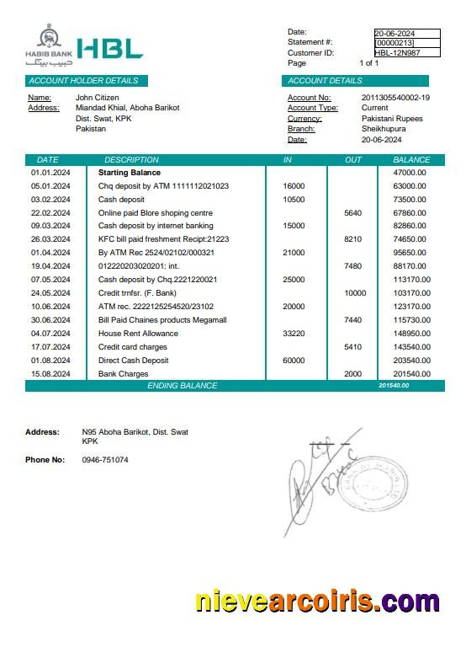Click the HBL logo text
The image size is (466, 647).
pos(109,49)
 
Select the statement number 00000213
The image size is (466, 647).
pos(395,42)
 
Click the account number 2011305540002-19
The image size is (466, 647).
pos(395,98)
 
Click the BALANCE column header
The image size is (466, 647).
pos(411,159)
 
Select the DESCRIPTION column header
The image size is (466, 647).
pos(131,159)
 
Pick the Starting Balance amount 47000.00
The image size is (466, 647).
pos(410,173)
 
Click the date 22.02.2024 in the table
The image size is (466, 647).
pos(50,213)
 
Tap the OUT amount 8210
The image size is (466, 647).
pos(353,239)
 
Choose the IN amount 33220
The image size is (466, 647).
pos(294,334)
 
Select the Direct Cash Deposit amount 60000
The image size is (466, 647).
pos(294,361)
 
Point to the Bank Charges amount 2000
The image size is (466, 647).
pos(353,374)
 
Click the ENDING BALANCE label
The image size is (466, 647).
pos(182,386)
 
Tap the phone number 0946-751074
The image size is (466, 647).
pos(105,460)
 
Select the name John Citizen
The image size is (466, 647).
pos(97,98)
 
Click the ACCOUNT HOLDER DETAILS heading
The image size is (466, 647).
pos(83,81)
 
